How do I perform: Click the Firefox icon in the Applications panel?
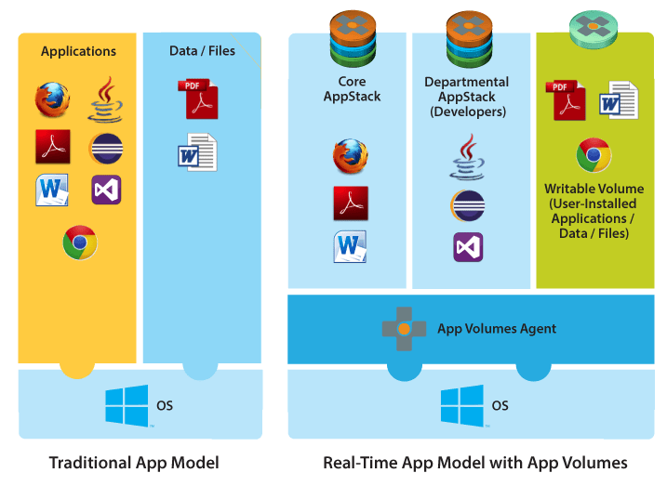point(52,100)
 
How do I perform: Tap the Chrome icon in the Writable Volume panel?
point(593,156)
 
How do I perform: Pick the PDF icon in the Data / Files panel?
point(196,99)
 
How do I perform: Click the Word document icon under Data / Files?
point(196,151)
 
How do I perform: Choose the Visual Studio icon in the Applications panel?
point(106,190)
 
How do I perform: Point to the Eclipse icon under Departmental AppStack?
point(467,204)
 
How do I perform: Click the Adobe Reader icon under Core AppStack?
point(351,202)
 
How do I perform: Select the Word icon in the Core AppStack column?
point(351,247)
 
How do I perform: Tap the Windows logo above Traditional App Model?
point(127,406)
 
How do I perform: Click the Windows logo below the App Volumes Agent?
point(461,406)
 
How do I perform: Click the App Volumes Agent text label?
point(497,328)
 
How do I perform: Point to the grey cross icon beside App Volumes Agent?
point(404,329)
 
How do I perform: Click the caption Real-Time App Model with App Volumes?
point(474,462)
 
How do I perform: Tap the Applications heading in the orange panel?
point(78,51)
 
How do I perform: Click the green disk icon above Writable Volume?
point(593,28)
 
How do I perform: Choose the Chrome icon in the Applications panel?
point(80,243)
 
